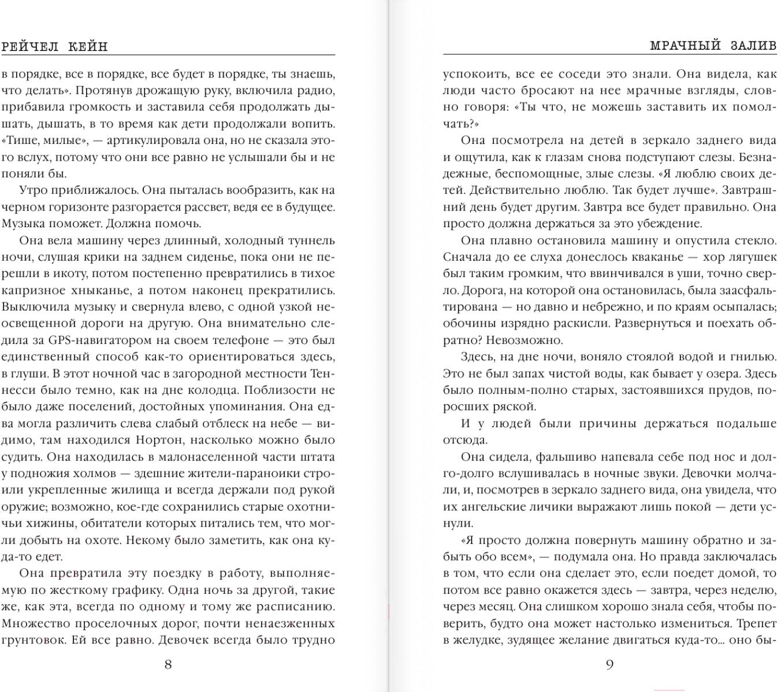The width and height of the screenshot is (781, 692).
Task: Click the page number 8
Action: [168, 664]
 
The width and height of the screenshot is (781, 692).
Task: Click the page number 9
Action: [609, 664]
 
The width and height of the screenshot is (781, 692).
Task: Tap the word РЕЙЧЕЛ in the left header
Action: [29, 47]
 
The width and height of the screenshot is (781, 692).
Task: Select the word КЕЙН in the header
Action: [88, 47]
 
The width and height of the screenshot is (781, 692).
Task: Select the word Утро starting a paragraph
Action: [34, 190]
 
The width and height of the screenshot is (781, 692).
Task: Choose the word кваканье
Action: [641, 257]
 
